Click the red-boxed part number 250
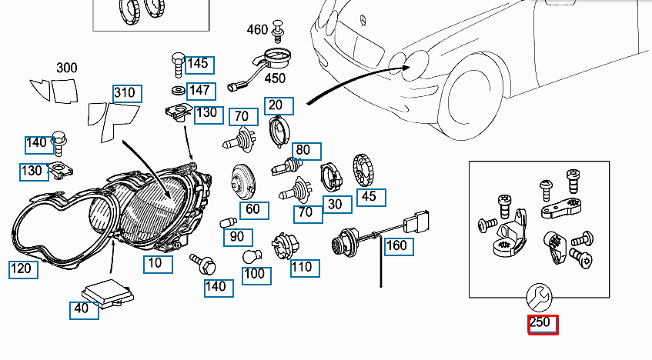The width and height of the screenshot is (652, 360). [x=542, y=324]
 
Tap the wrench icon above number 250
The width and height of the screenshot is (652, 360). [x=539, y=295]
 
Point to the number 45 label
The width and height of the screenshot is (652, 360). [x=368, y=196]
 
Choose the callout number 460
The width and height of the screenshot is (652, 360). [x=257, y=30]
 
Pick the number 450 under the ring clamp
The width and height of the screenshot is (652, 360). [x=274, y=78]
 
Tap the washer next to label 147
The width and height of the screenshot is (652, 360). [x=177, y=91]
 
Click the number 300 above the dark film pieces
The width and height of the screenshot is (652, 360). [x=66, y=68]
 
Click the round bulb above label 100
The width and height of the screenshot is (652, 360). [x=250, y=256]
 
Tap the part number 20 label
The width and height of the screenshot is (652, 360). [x=276, y=105]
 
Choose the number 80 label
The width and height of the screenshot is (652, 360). [x=303, y=149]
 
